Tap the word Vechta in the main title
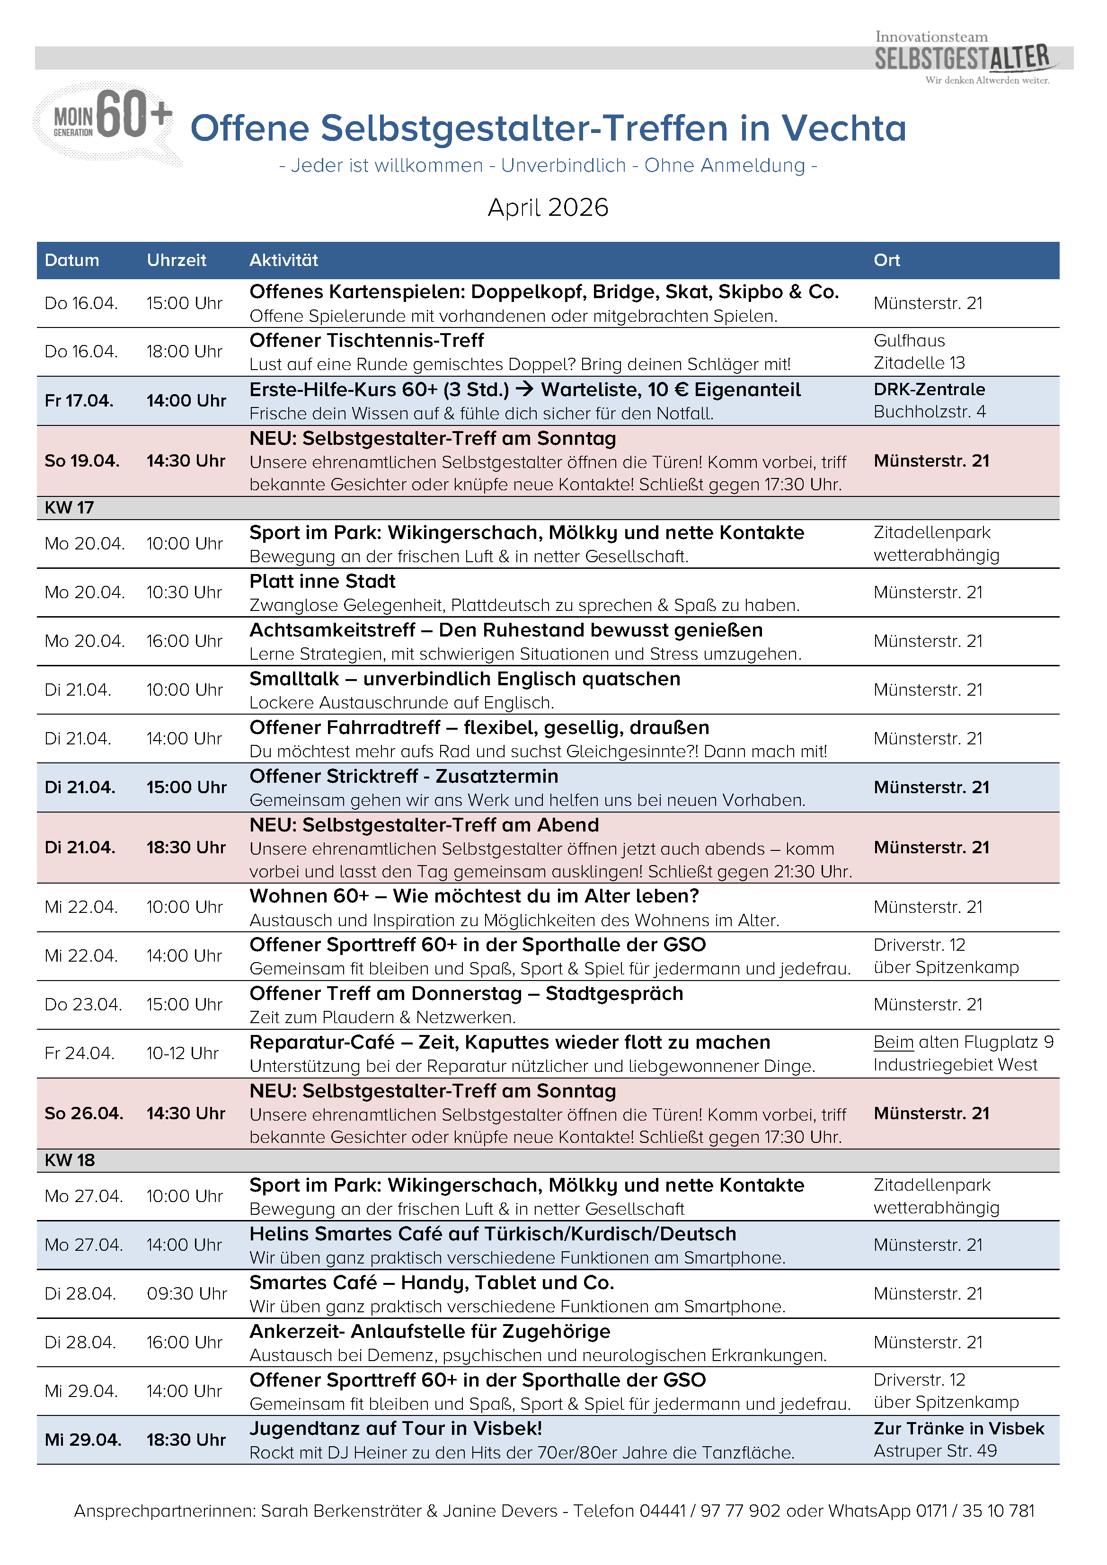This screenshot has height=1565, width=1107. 843,128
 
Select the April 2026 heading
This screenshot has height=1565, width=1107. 548,207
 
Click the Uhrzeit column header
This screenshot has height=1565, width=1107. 177,260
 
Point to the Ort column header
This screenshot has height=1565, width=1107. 887,260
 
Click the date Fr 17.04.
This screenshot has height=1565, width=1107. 79,401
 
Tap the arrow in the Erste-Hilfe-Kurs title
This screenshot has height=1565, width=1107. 525,390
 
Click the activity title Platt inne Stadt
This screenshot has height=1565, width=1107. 322,582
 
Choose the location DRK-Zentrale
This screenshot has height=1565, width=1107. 929,390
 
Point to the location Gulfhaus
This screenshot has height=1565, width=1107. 909,341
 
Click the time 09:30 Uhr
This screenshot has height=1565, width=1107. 187,1294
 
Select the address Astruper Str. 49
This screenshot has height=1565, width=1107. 935,1451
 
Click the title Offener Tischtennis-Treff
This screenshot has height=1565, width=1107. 367,341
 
